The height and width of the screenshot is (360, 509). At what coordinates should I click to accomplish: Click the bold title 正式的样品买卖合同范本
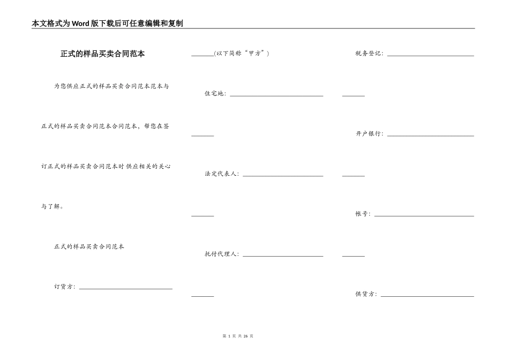tap(102, 54)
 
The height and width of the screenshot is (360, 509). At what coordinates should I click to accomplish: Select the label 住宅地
tap(214, 94)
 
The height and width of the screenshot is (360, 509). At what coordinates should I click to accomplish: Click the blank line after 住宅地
tap(276, 96)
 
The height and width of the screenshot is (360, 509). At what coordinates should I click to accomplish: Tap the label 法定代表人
tap(221, 174)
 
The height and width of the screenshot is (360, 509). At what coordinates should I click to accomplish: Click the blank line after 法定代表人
tap(283, 176)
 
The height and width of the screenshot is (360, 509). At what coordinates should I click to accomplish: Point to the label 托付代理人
tap(221, 254)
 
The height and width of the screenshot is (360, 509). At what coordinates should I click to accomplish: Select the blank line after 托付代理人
tap(283, 257)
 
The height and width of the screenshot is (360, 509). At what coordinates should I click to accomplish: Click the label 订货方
tap(64, 287)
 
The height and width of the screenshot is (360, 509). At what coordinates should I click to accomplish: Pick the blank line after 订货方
tap(126, 289)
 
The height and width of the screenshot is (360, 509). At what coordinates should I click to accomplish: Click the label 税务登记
tap(369, 53)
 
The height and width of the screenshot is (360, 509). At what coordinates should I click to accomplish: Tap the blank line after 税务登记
tap(431, 56)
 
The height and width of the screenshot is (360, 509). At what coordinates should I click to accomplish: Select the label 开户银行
tap(369, 133)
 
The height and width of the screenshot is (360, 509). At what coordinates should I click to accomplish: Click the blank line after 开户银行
tap(431, 136)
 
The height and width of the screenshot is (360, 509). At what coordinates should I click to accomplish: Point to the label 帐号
tap(362, 214)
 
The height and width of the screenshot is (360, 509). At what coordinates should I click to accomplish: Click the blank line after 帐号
tap(424, 216)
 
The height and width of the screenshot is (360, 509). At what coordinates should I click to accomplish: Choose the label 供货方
tap(365, 294)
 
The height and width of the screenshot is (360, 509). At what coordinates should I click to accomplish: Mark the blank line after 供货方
tap(428, 296)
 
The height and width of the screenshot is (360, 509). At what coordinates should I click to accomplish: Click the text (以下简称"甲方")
tap(242, 53)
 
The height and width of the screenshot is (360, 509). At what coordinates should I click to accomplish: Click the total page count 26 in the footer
tap(246, 336)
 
